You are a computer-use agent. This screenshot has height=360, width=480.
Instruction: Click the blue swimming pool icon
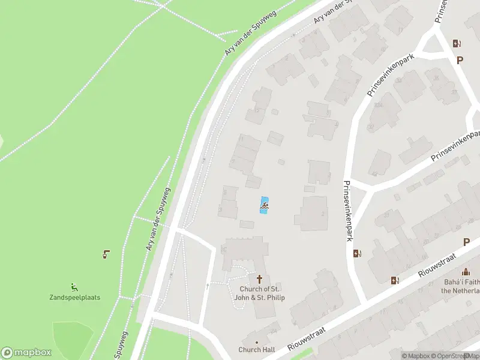[264, 205]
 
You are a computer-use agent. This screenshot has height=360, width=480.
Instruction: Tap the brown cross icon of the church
[260, 279]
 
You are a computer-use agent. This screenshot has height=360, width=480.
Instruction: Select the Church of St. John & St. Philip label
[260, 293]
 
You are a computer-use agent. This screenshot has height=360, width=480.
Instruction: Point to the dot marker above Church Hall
[257, 342]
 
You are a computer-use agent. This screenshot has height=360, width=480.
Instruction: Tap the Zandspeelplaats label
[74, 297]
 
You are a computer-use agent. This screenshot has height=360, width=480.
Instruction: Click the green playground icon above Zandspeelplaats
[74, 286]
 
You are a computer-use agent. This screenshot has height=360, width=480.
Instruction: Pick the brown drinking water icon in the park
[106, 254]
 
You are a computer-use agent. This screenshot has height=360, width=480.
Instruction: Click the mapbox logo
[26, 353]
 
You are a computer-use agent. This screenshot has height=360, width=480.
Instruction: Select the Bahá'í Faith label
[461, 286]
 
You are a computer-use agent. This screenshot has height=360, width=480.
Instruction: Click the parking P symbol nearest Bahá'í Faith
[466, 242]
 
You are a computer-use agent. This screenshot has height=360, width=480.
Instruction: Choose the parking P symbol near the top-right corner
[460, 60]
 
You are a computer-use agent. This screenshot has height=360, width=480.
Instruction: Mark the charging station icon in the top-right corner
[457, 43]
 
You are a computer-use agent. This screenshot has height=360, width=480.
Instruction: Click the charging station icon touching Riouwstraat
[395, 280]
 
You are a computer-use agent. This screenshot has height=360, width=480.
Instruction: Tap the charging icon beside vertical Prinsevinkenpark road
[358, 253]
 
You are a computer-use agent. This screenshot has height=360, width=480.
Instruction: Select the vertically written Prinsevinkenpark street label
[347, 211]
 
